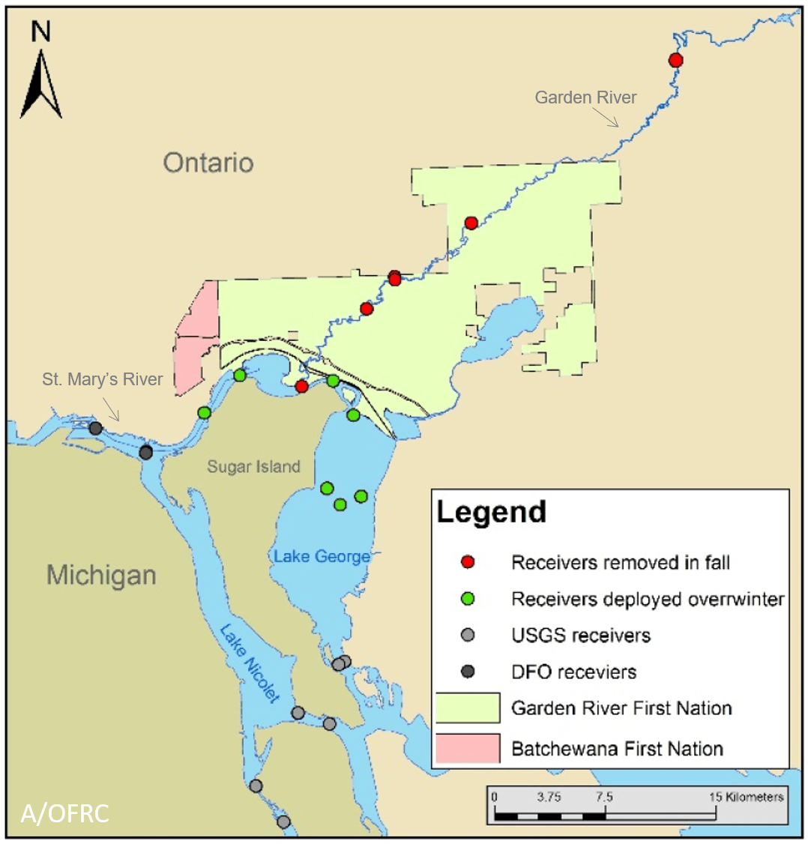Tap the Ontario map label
(x=208, y=163)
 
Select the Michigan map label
(x=101, y=576)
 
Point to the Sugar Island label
(x=253, y=467)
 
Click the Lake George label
(x=322, y=556)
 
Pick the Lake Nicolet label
(x=249, y=663)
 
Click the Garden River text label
(x=585, y=97)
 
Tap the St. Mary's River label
(x=102, y=379)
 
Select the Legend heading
(x=491, y=512)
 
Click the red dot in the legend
(x=468, y=562)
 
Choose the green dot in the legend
(x=468, y=599)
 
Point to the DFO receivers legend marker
(x=468, y=672)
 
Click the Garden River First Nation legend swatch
(x=468, y=708)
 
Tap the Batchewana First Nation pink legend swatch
(x=468, y=748)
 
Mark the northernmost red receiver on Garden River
(x=675, y=60)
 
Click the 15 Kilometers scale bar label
(x=746, y=797)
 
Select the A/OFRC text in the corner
(x=64, y=813)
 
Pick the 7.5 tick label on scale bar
(x=603, y=797)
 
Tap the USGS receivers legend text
(x=580, y=636)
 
